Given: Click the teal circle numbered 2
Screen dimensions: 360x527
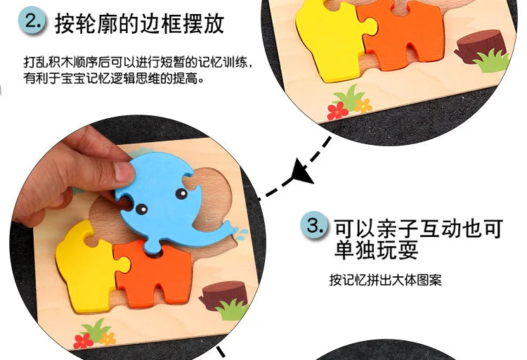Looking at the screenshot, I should point(33,21).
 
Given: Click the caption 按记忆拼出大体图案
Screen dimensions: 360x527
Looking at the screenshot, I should point(385,281).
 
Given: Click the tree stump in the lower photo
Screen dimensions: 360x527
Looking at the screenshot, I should point(223,294).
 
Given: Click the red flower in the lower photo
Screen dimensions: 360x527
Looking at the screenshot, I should point(83,341).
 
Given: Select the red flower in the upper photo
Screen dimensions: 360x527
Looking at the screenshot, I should point(337,110).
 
